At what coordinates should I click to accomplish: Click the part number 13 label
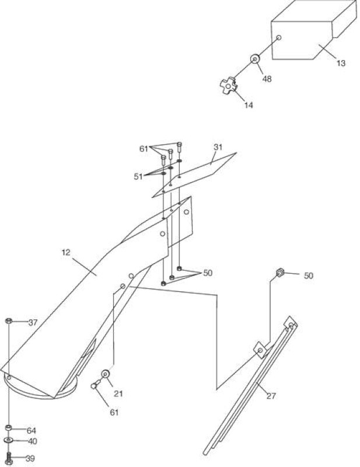[x=341, y=64]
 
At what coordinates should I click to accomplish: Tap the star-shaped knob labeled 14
[x=229, y=86]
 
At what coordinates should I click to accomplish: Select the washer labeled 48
[x=254, y=59]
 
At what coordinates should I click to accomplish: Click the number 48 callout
[x=267, y=79]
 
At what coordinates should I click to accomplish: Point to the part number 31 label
[x=218, y=147]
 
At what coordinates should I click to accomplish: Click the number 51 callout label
[x=138, y=177]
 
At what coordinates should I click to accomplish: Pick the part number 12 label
[x=66, y=253]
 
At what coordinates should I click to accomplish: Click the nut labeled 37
[x=9, y=320]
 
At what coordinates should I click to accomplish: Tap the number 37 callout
[x=33, y=323]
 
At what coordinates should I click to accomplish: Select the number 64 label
[x=32, y=431]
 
